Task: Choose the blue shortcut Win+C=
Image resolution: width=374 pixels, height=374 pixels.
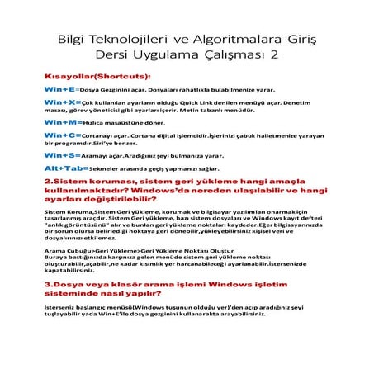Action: click(62, 134)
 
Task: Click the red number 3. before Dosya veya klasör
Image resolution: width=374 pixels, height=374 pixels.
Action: click(49, 285)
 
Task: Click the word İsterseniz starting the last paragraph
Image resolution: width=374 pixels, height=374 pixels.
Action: click(61, 307)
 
